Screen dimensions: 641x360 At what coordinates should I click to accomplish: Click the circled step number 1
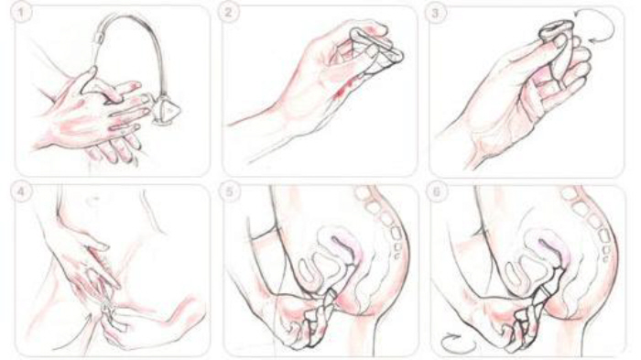(24, 13)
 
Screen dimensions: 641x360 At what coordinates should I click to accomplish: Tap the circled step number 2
(229, 13)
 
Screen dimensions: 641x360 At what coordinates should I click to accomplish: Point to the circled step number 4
(18, 192)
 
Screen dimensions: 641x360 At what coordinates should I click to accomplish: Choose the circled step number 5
(229, 192)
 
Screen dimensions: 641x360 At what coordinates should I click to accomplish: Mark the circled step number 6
(436, 192)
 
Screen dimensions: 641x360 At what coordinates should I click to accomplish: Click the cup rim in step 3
(552, 28)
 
